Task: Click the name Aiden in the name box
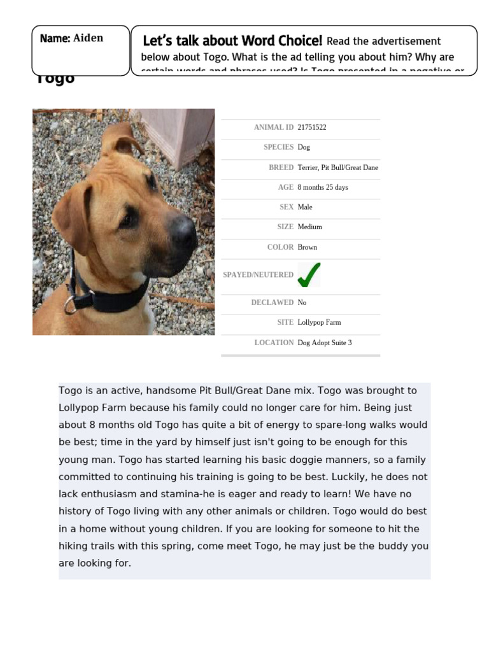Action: pos(88,38)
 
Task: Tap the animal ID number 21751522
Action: pos(312,127)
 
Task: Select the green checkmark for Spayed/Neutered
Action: pos(309,274)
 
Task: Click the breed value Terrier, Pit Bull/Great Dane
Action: pos(337,167)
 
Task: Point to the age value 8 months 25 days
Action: pos(323,187)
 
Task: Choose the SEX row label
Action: pos(287,207)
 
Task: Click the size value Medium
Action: pos(310,227)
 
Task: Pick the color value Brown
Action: pos(307,247)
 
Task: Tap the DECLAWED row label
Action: pos(273,302)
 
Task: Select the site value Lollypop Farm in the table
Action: pos(319,322)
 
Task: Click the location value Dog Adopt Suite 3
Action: pos(325,343)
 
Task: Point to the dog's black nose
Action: pos(185,233)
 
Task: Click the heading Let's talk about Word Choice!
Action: pos(232,41)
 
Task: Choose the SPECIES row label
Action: pos(278,147)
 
